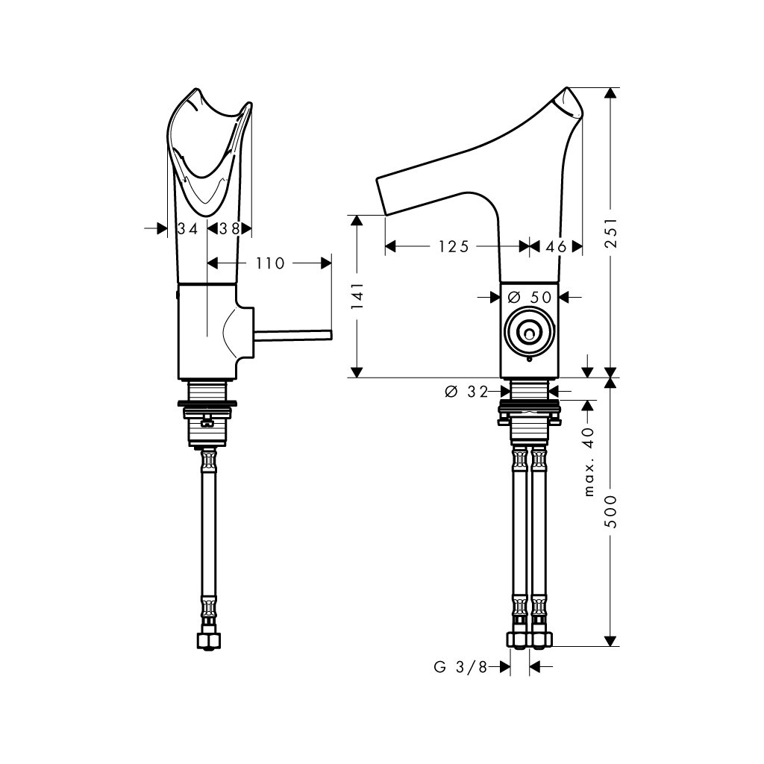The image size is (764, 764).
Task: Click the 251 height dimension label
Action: [612, 233]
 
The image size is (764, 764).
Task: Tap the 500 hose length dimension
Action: [612, 512]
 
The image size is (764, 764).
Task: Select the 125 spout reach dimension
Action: [454, 246]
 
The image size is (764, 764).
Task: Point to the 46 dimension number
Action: [556, 246]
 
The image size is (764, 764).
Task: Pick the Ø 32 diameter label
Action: [466, 391]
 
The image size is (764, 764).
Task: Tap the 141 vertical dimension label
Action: [357, 295]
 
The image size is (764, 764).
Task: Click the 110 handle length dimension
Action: [270, 263]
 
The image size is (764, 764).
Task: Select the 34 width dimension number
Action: [187, 228]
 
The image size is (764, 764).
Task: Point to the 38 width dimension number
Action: [229, 228]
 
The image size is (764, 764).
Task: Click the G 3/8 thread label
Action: [460, 667]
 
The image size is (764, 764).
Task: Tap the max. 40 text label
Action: [589, 461]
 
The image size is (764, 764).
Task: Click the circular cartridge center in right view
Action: [529, 334]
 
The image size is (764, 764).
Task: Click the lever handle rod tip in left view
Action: [331, 334]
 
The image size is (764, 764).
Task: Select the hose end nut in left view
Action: [209, 640]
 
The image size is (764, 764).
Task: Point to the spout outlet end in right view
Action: [381, 196]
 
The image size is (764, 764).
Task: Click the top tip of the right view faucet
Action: [567, 88]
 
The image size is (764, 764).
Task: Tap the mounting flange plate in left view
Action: [207, 403]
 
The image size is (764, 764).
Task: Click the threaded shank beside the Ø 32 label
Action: [530, 391]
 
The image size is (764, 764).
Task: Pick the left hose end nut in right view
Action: [519, 639]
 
